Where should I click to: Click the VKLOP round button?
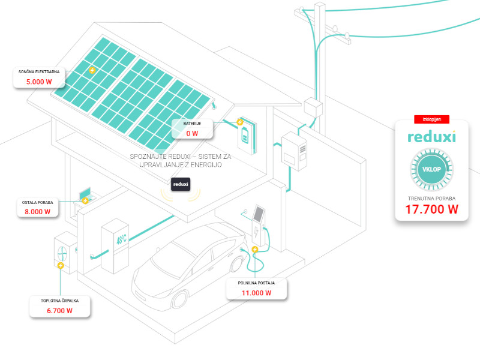click(431, 169)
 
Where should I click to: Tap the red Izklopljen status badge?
click(431, 120)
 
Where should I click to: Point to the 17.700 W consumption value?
click(431, 209)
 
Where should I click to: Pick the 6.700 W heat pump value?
click(59, 310)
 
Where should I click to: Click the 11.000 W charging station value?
click(256, 293)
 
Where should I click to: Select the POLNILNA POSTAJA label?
click(256, 283)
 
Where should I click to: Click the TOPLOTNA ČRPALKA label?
click(59, 300)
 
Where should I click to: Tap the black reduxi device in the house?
click(181, 184)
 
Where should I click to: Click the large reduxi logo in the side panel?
click(431, 137)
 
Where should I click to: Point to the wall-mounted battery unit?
click(245, 133)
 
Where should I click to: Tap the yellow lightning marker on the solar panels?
click(92, 70)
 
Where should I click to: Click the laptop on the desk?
click(85, 193)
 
